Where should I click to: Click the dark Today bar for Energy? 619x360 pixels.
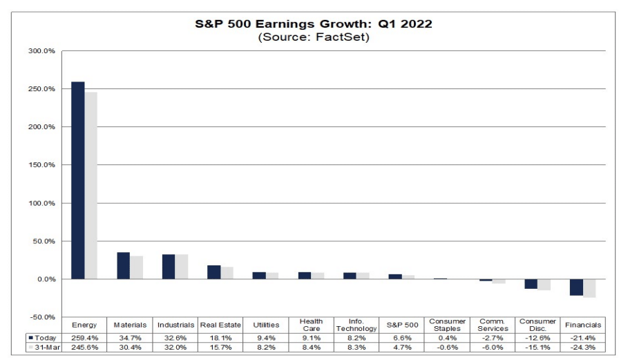78,180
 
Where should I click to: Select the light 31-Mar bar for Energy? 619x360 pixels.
91,186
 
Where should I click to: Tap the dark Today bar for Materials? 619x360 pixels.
123,266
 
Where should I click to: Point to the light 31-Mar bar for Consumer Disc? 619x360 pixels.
544,285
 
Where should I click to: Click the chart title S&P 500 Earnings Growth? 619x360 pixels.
314,24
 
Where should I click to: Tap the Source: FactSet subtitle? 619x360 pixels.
314,37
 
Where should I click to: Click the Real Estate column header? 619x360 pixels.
220,325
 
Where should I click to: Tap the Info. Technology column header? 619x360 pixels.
356,325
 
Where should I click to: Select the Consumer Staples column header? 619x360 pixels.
447,325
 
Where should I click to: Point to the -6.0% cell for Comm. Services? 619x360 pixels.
493,348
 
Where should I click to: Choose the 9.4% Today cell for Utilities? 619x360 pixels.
265,337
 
